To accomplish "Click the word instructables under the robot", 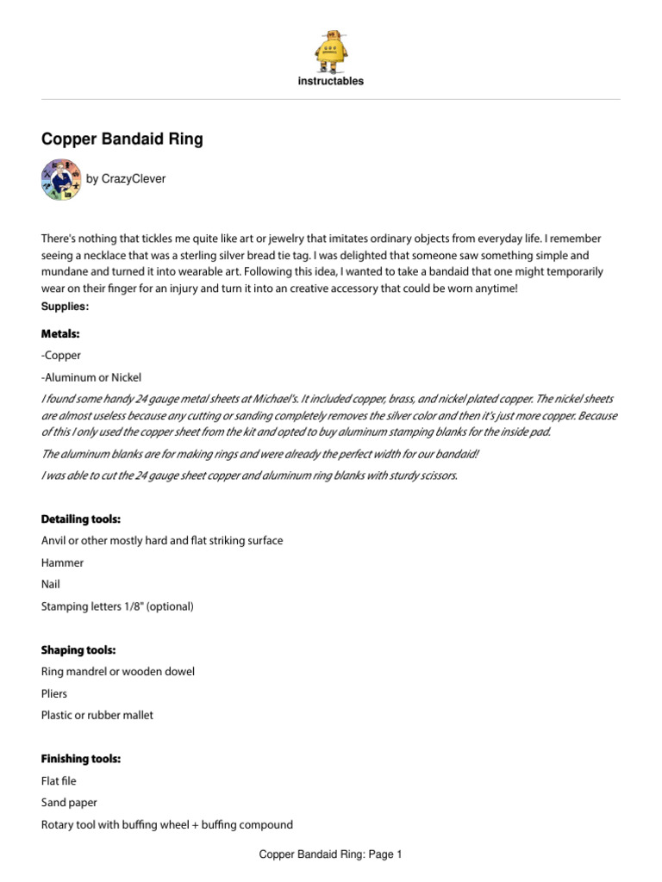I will click(x=331, y=82).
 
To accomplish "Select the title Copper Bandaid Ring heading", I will click(x=122, y=139).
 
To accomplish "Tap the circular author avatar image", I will click(x=61, y=180).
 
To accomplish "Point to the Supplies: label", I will click(x=65, y=307).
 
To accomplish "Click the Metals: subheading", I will click(x=60, y=333).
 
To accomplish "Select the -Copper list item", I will click(x=60, y=355).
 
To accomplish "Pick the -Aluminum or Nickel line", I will click(x=91, y=377).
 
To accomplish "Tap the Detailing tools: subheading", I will click(x=81, y=519).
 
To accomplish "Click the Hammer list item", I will click(x=62, y=562).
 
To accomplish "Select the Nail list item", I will click(x=51, y=584).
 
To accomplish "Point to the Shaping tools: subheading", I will click(x=78, y=649).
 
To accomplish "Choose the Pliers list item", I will click(x=54, y=693).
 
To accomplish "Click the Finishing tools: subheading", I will click(x=81, y=759).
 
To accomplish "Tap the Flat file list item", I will click(x=59, y=781).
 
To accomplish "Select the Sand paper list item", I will click(x=68, y=803).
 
